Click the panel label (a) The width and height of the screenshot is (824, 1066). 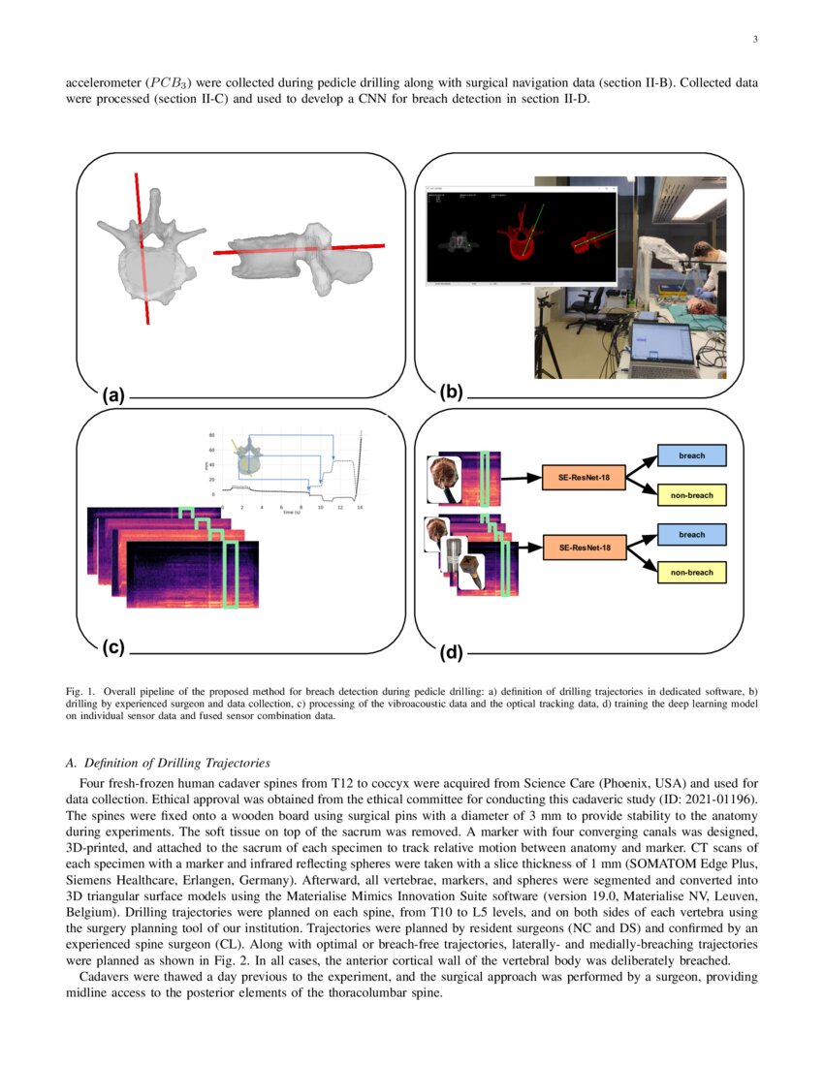coord(114,394)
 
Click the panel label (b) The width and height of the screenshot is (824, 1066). coord(452,392)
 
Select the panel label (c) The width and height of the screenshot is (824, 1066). coord(114,645)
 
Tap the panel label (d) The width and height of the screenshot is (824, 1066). coord(452,653)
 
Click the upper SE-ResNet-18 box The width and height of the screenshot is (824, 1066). coord(584,476)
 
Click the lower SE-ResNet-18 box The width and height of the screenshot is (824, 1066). coord(584,549)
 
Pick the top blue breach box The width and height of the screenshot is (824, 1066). coord(691,455)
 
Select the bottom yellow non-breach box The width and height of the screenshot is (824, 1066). coord(691,573)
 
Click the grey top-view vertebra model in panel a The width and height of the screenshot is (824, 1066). coord(151,258)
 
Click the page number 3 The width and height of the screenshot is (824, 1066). coord(754,40)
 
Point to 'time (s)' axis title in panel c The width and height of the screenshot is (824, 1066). coord(291,513)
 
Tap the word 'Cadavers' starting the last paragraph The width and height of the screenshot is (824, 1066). coord(102,977)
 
